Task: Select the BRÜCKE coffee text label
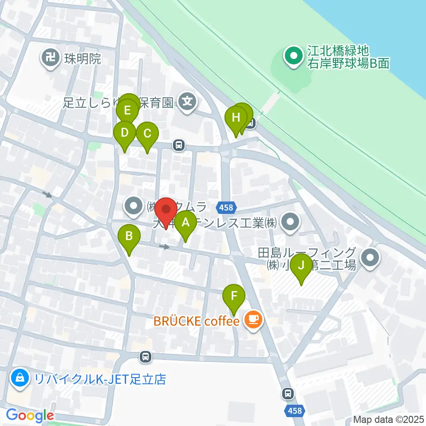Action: point(197,320)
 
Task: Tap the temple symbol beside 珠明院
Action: point(51,58)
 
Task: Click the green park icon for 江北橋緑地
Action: point(293,57)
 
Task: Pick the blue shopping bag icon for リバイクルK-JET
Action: point(20,379)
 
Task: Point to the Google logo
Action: point(30,416)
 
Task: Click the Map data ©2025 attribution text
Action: point(389,419)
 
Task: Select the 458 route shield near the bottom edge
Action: point(294,411)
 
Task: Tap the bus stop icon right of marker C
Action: point(179,145)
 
